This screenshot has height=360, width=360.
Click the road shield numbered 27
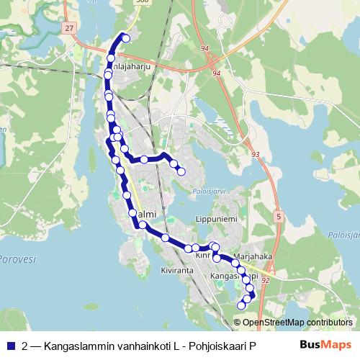(68, 27)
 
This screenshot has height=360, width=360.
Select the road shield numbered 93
(256, 154)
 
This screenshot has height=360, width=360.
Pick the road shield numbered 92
(265, 280)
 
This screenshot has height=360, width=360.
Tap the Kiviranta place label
(178, 271)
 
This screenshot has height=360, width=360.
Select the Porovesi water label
(17, 258)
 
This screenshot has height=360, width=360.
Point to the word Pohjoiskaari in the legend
(216, 345)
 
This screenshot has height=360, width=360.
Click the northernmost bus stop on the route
(127, 38)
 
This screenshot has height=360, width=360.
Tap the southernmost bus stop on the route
(241, 306)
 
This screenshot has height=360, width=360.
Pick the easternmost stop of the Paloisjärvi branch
(181, 171)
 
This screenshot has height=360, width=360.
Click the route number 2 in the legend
(25, 345)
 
